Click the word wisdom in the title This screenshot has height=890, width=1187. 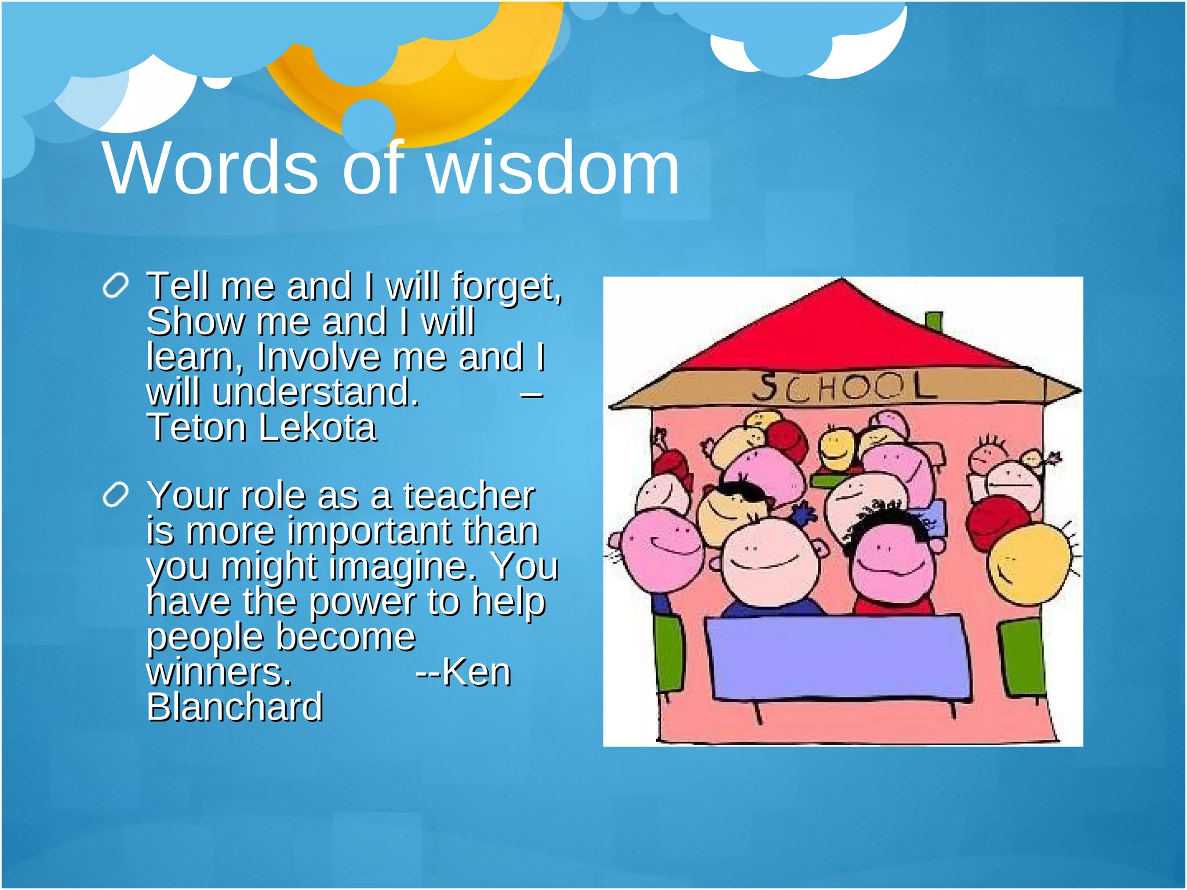(x=554, y=169)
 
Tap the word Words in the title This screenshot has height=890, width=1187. (x=211, y=169)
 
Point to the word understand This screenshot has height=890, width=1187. (x=315, y=393)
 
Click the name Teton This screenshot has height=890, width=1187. (x=197, y=428)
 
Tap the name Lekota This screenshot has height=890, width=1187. (x=317, y=428)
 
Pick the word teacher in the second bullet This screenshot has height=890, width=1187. (x=468, y=497)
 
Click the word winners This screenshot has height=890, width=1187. (x=219, y=673)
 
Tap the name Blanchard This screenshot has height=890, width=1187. (x=235, y=708)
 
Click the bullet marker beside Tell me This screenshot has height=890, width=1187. (x=115, y=286)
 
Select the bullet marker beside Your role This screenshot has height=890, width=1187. (x=115, y=496)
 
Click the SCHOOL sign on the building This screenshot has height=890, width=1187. (x=844, y=387)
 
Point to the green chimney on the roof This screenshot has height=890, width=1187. (x=933, y=322)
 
